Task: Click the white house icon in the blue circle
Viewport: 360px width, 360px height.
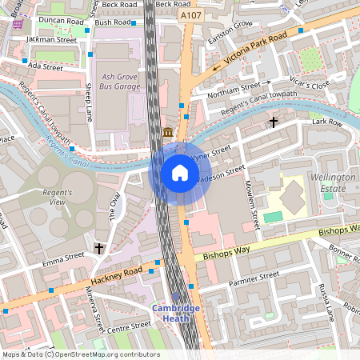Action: (x=180, y=173)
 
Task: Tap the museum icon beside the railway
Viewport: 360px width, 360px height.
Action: (x=168, y=132)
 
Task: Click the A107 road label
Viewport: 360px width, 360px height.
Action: (x=191, y=14)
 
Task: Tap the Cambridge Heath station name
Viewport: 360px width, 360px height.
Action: (x=178, y=313)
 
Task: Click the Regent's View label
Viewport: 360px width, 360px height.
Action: (x=57, y=198)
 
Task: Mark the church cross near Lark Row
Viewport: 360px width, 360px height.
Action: (x=274, y=122)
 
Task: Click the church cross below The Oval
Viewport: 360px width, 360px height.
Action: (x=99, y=249)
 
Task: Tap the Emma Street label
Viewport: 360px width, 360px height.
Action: (x=63, y=258)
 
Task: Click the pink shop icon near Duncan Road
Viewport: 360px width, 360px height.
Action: (x=18, y=25)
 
